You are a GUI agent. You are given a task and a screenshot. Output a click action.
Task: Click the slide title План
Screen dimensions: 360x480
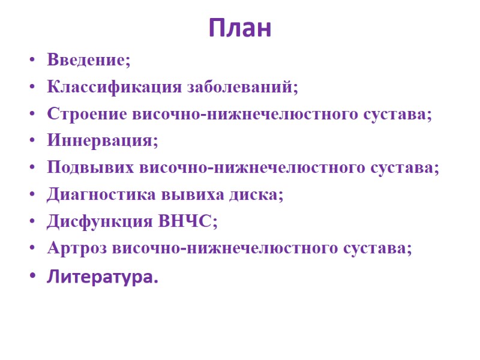[x=240, y=28]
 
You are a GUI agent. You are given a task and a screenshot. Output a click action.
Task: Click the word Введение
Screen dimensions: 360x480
[x=86, y=61]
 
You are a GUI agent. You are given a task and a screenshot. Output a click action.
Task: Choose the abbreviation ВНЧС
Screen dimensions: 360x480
[x=185, y=221]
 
